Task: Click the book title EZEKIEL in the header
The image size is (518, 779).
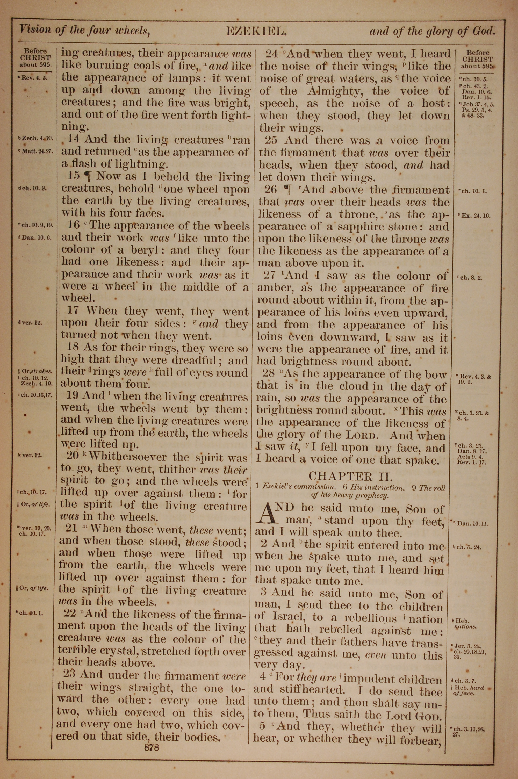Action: [x=256, y=31]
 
